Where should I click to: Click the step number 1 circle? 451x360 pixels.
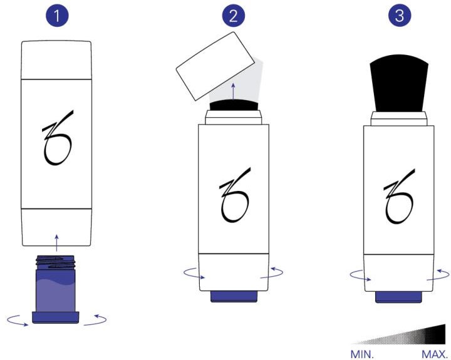(57, 15)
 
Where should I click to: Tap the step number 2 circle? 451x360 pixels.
(233, 15)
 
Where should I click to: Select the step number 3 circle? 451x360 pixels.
(400, 15)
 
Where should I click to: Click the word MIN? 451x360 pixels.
(362, 354)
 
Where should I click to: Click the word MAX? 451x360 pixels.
(434, 354)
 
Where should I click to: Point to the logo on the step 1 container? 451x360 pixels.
(58, 138)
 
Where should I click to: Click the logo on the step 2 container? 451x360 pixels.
(235, 195)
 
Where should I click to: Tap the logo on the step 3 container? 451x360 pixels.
(399, 196)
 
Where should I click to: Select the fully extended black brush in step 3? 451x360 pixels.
(399, 83)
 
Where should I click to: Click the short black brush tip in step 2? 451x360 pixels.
(234, 105)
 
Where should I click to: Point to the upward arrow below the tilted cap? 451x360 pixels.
(233, 91)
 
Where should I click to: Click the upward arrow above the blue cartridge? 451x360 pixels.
(56, 243)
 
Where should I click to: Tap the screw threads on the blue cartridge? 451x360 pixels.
(56, 262)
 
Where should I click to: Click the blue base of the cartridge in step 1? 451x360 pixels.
(56, 317)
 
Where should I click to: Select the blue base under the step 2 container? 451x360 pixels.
(234, 297)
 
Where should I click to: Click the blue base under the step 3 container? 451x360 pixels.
(398, 297)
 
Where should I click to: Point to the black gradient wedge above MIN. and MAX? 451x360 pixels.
(398, 334)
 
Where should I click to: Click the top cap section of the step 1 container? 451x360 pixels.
(56, 60)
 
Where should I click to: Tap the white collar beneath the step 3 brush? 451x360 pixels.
(398, 119)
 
